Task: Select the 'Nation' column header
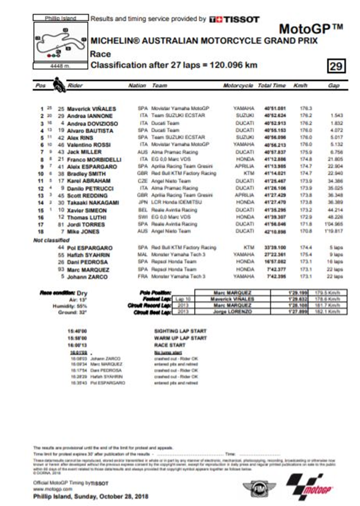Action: pyautogui.click(x=137, y=86)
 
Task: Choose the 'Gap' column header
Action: pyautogui.click(x=334, y=86)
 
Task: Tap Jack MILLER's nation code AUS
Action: pyautogui.click(x=143, y=152)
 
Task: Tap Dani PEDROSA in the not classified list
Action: pyautogui.click(x=85, y=262)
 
